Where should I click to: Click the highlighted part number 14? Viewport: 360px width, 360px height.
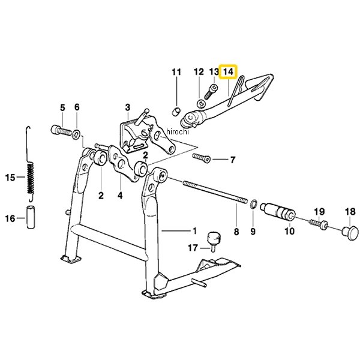point(228,71)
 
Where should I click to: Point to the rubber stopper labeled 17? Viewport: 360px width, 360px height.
point(214,241)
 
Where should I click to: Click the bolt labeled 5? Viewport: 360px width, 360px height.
point(61,131)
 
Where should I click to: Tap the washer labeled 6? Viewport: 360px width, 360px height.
point(76,134)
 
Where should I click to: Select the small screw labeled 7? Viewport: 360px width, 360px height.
point(202,158)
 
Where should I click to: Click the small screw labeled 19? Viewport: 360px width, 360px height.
point(318,224)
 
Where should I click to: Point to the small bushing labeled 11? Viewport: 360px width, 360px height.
point(176,112)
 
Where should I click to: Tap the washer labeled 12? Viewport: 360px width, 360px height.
point(201,104)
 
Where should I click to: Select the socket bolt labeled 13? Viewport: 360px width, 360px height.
point(211,92)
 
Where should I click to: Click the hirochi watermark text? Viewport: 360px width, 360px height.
point(177,132)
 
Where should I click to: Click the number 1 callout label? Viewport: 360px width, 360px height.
point(194,231)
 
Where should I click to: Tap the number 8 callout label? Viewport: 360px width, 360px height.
point(236,232)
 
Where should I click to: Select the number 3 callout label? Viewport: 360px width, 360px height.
point(127,107)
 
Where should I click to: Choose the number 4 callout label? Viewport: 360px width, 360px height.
point(120,196)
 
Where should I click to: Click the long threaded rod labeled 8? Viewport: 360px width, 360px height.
point(215,192)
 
